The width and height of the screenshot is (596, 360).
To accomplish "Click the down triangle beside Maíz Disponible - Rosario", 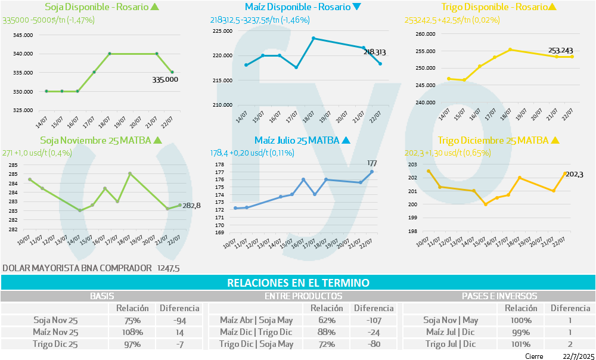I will coord(356,7).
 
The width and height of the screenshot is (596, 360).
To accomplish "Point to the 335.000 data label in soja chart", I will coord(165,79).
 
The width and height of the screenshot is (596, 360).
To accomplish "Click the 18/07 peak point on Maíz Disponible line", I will coord(313,38).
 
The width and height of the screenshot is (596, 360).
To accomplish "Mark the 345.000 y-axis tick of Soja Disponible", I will coord(23,35).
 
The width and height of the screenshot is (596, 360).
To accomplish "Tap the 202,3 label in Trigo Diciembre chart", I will coord(574,174).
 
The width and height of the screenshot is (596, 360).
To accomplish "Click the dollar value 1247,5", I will coord(169,268).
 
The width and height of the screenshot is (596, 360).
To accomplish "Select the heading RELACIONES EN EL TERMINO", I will coord(298,283).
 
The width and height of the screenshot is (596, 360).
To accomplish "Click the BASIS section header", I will coord(102,296).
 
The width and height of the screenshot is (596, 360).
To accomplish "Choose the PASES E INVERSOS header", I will coord(499,296).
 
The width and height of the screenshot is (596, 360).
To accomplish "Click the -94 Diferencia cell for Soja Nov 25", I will coord(179,320).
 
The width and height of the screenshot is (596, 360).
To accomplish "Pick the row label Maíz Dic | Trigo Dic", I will coord(256,332).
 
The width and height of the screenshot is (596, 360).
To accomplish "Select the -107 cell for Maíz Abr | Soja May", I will coord(374,320).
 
